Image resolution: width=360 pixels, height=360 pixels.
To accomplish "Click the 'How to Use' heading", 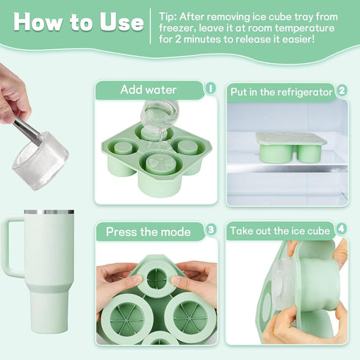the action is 79,22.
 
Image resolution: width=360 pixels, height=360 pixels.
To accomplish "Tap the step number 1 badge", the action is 210,88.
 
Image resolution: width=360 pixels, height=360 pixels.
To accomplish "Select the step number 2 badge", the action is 342,90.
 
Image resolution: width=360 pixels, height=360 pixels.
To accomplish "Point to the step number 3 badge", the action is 211,229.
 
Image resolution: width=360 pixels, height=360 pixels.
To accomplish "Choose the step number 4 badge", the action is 342,229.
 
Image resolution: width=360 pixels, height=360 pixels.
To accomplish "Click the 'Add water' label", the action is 148,90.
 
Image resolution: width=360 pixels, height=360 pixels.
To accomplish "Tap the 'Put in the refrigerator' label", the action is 281,92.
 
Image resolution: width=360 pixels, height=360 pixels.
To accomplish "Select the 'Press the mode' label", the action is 148,231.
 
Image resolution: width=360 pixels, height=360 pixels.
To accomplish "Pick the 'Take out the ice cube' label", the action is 280,231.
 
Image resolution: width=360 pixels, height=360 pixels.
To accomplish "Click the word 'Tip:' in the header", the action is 168,17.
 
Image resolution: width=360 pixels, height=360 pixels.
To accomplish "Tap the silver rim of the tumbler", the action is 49,212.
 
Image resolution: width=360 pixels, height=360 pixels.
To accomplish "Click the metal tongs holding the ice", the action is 27,129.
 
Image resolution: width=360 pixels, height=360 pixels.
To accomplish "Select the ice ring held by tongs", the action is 40,160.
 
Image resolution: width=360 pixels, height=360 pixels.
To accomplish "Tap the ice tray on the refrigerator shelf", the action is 291,147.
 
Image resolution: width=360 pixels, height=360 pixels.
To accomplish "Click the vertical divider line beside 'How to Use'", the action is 151,26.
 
